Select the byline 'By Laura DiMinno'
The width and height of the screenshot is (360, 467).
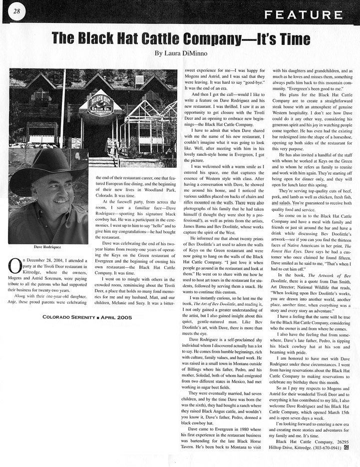[180, 53]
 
